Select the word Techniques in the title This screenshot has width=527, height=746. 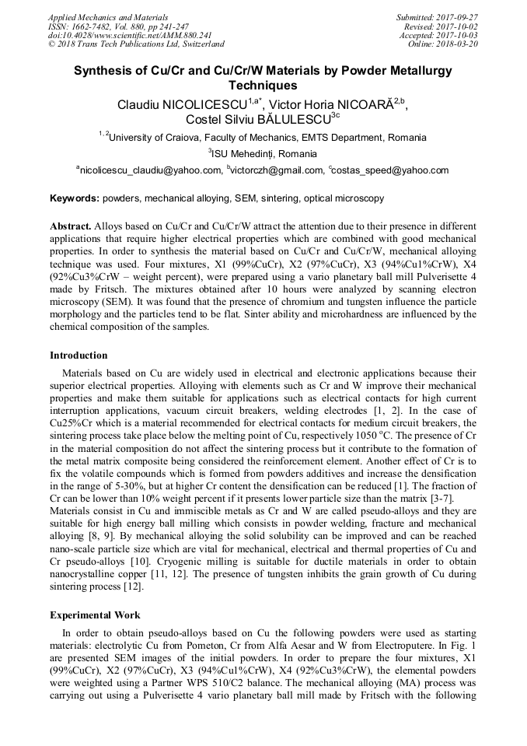click(263, 86)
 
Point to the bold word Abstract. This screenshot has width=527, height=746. click(71, 226)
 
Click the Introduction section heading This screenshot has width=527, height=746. click(79, 355)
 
